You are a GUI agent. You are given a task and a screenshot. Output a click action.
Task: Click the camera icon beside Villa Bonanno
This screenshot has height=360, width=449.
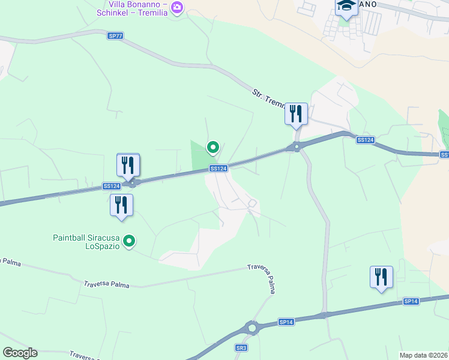coord(176,8)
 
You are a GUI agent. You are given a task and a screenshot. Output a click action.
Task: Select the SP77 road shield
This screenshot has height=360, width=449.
coord(116,36)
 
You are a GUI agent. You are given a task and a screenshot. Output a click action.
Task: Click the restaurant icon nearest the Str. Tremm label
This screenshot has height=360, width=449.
coord(296,113)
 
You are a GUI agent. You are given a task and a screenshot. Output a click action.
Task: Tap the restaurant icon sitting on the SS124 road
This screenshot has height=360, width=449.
coord(128,164)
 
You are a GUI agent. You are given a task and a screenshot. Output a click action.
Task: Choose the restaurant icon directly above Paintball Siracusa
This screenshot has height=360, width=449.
coord(121,205)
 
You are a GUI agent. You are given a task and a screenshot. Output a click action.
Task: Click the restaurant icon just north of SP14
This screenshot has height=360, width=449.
coord(381,277)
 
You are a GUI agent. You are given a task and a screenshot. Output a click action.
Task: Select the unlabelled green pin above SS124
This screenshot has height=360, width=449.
coord(212,146)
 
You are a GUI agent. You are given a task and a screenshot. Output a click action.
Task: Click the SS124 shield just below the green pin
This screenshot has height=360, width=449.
coord(218,169)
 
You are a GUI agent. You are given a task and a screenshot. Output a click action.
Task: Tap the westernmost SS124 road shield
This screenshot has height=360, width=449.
coord(112,187)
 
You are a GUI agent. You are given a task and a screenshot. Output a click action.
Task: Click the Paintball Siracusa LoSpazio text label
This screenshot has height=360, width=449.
coord(86,242)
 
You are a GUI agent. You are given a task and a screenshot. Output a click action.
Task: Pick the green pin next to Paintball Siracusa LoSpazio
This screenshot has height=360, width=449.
coord(128,241)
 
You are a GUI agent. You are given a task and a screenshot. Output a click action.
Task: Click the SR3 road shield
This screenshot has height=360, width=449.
coord(241,348)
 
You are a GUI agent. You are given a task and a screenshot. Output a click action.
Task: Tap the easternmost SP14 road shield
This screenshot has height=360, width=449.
coord(411,301)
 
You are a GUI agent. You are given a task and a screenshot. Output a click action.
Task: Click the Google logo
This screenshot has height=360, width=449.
coord(20,353)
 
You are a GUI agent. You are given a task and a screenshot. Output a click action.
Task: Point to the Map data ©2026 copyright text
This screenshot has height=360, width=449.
coord(424,355)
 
